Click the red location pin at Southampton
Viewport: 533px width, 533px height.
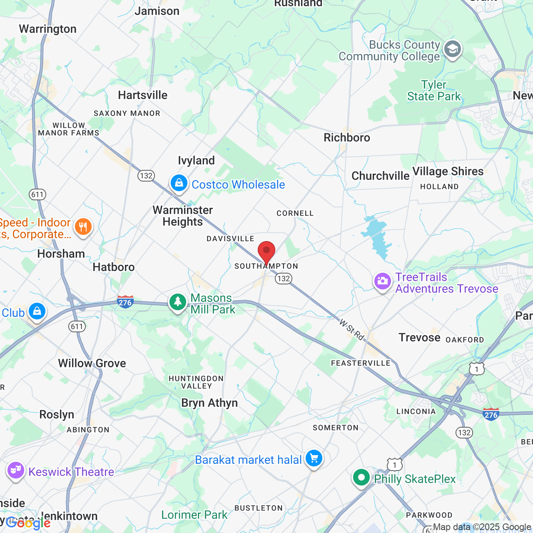click(266, 252)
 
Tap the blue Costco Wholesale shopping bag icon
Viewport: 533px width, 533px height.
click(179, 183)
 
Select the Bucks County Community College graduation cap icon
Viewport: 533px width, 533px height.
click(452, 50)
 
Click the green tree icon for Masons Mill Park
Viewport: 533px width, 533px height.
click(178, 302)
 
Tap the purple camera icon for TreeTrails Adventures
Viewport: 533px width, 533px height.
click(382, 281)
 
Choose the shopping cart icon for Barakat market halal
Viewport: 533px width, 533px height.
click(314, 458)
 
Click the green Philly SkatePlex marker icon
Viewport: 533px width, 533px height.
click(361, 478)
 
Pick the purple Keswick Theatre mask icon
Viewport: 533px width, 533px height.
click(16, 471)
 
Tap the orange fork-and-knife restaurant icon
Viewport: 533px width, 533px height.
click(83, 227)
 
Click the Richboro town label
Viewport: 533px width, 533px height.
click(347, 137)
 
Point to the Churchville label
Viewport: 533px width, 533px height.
click(380, 176)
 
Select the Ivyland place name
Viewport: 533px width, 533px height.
click(196, 160)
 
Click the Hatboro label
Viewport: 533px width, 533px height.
click(114, 267)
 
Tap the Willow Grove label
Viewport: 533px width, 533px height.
click(92, 363)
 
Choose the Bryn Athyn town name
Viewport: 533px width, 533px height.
click(209, 403)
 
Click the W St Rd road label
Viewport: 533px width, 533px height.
click(352, 329)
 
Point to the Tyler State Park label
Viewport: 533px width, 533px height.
click(434, 90)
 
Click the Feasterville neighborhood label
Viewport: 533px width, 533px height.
click(361, 363)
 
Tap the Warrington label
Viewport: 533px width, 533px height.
click(48, 29)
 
